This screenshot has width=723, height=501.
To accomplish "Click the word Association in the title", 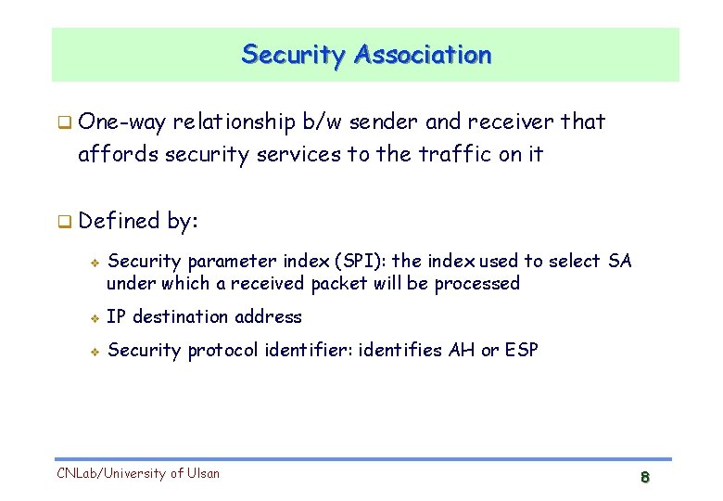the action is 422,55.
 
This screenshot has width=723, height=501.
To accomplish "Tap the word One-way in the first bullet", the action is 122,122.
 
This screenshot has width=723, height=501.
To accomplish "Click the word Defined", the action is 120,221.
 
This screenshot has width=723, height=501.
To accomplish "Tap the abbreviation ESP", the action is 521,351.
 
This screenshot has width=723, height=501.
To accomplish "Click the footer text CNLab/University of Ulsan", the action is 138,473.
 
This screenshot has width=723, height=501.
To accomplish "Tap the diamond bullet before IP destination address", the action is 94,317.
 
